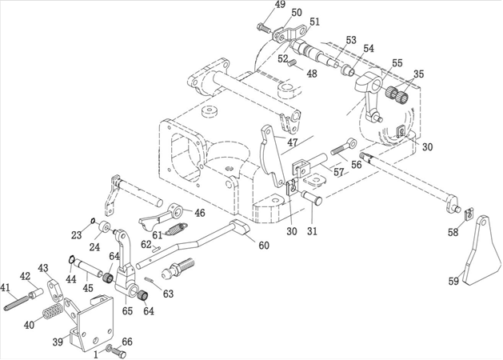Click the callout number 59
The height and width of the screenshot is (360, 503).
(453, 281)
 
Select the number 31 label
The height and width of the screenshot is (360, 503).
(312, 232)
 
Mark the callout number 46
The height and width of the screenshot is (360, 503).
(199, 213)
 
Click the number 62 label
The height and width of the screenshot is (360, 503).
(146, 244)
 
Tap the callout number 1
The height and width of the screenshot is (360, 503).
(98, 353)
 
